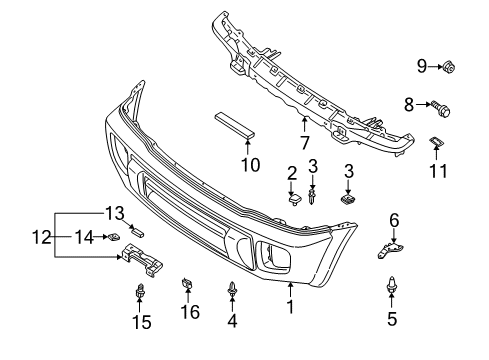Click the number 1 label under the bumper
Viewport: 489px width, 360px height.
point(290,307)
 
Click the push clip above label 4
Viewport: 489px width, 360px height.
point(232,290)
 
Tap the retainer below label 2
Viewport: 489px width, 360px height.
point(294,200)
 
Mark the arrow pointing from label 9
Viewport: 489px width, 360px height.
point(435,66)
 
